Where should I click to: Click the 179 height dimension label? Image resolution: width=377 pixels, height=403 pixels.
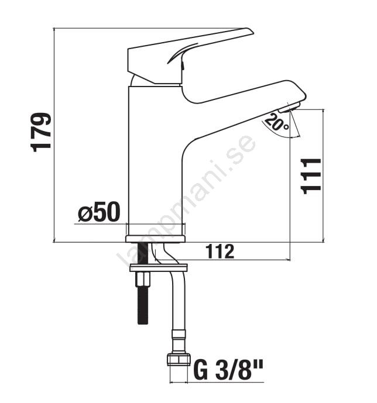41,132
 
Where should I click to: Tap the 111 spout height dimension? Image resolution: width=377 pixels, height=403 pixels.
311,176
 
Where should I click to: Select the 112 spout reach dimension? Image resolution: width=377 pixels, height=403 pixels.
220,252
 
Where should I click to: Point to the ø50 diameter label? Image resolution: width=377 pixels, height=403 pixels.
99,212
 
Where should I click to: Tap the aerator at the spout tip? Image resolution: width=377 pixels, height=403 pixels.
289,107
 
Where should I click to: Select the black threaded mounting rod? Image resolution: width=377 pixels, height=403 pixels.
142,283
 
